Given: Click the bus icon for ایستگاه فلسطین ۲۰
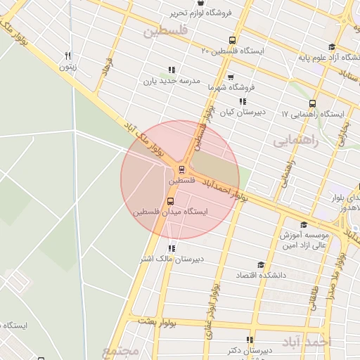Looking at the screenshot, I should click(232, 39).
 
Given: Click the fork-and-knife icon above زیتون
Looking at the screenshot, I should click(67, 56).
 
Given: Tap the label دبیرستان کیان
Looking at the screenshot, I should click(242, 112).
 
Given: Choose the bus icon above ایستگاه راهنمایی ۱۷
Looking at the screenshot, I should click(312, 103).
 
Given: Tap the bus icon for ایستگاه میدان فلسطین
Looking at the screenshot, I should click(171, 200).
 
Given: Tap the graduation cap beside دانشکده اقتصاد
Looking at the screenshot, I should click(261, 265).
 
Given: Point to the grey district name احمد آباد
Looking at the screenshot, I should click(305, 341).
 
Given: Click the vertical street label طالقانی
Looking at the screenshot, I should click(314, 295).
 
